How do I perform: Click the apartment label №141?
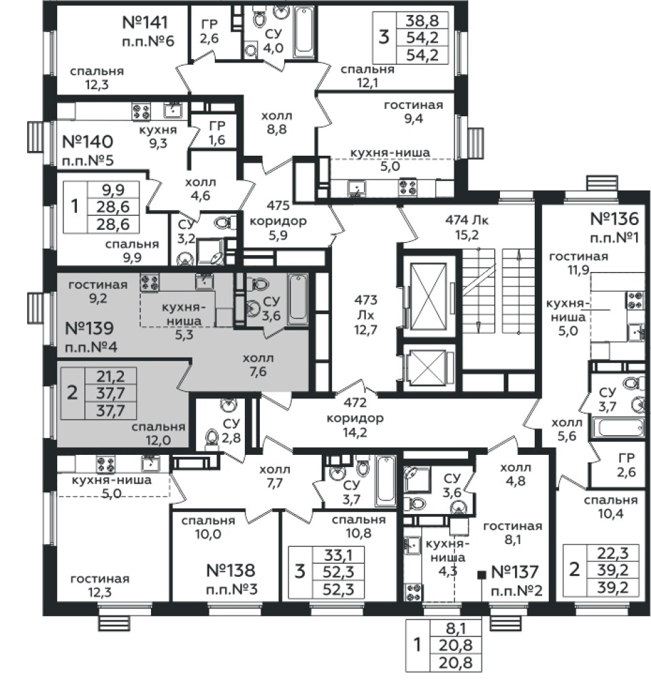(145, 22)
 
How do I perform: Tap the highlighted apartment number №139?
(89, 328)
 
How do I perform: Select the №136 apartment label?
(614, 218)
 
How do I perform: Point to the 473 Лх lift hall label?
(365, 315)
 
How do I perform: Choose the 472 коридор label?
(355, 418)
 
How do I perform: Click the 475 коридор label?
(278, 220)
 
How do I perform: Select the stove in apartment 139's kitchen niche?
(149, 282)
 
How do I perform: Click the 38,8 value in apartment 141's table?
(422, 20)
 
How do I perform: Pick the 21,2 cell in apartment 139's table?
(111, 375)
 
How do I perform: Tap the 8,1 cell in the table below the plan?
(456, 628)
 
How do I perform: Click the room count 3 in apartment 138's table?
(300, 571)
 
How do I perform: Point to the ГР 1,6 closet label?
(217, 133)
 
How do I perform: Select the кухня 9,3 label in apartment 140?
(158, 137)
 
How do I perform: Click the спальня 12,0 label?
(158, 433)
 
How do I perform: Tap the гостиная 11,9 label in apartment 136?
(579, 262)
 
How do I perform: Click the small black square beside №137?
(481, 575)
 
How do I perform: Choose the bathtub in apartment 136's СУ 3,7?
(621, 428)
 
